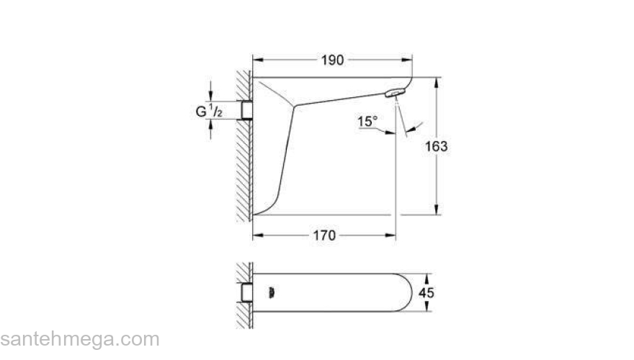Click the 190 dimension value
[332, 60]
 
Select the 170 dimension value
[325, 235]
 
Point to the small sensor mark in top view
[271, 293]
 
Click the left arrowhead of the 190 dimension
[256, 60]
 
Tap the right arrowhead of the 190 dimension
[408, 60]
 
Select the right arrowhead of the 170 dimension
[392, 235]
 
